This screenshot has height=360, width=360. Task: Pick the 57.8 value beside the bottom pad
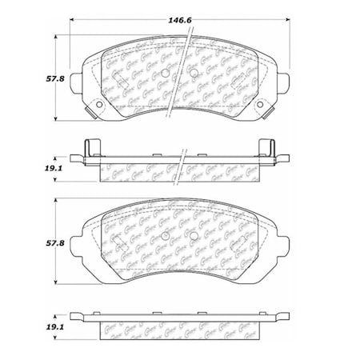31,240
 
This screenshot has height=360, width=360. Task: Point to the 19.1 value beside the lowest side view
31,326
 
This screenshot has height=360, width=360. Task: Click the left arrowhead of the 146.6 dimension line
73,17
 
